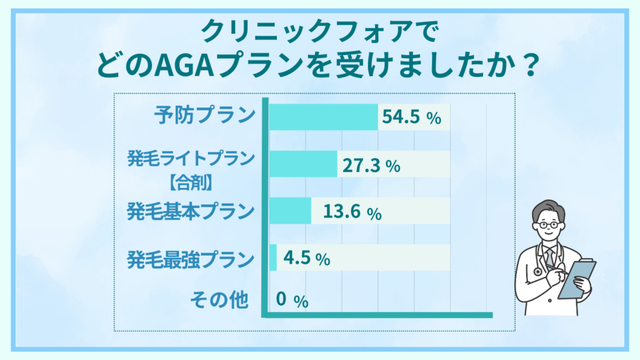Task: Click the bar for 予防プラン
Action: (x=324, y=117)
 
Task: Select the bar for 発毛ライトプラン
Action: (x=303, y=164)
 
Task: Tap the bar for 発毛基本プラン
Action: (x=291, y=211)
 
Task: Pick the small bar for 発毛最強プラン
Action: (x=273, y=257)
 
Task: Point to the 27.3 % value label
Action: (x=371, y=166)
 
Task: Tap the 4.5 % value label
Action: (x=306, y=258)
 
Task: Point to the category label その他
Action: (x=219, y=301)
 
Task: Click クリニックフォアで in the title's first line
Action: (x=319, y=32)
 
